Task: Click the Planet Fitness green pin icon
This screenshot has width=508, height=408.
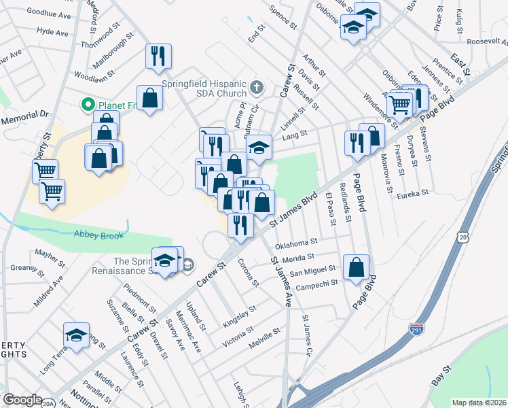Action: click(x=88, y=105)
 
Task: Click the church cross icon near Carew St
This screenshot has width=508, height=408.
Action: click(x=256, y=87)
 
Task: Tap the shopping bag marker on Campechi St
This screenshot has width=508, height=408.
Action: click(x=357, y=267)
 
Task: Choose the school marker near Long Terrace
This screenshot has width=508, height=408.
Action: click(x=76, y=335)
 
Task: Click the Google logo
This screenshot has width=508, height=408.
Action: click(x=22, y=400)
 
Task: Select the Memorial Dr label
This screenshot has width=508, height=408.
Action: click(x=26, y=117)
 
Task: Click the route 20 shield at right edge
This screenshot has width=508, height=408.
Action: click(x=462, y=236)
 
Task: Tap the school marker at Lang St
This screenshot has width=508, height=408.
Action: click(x=259, y=147)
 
